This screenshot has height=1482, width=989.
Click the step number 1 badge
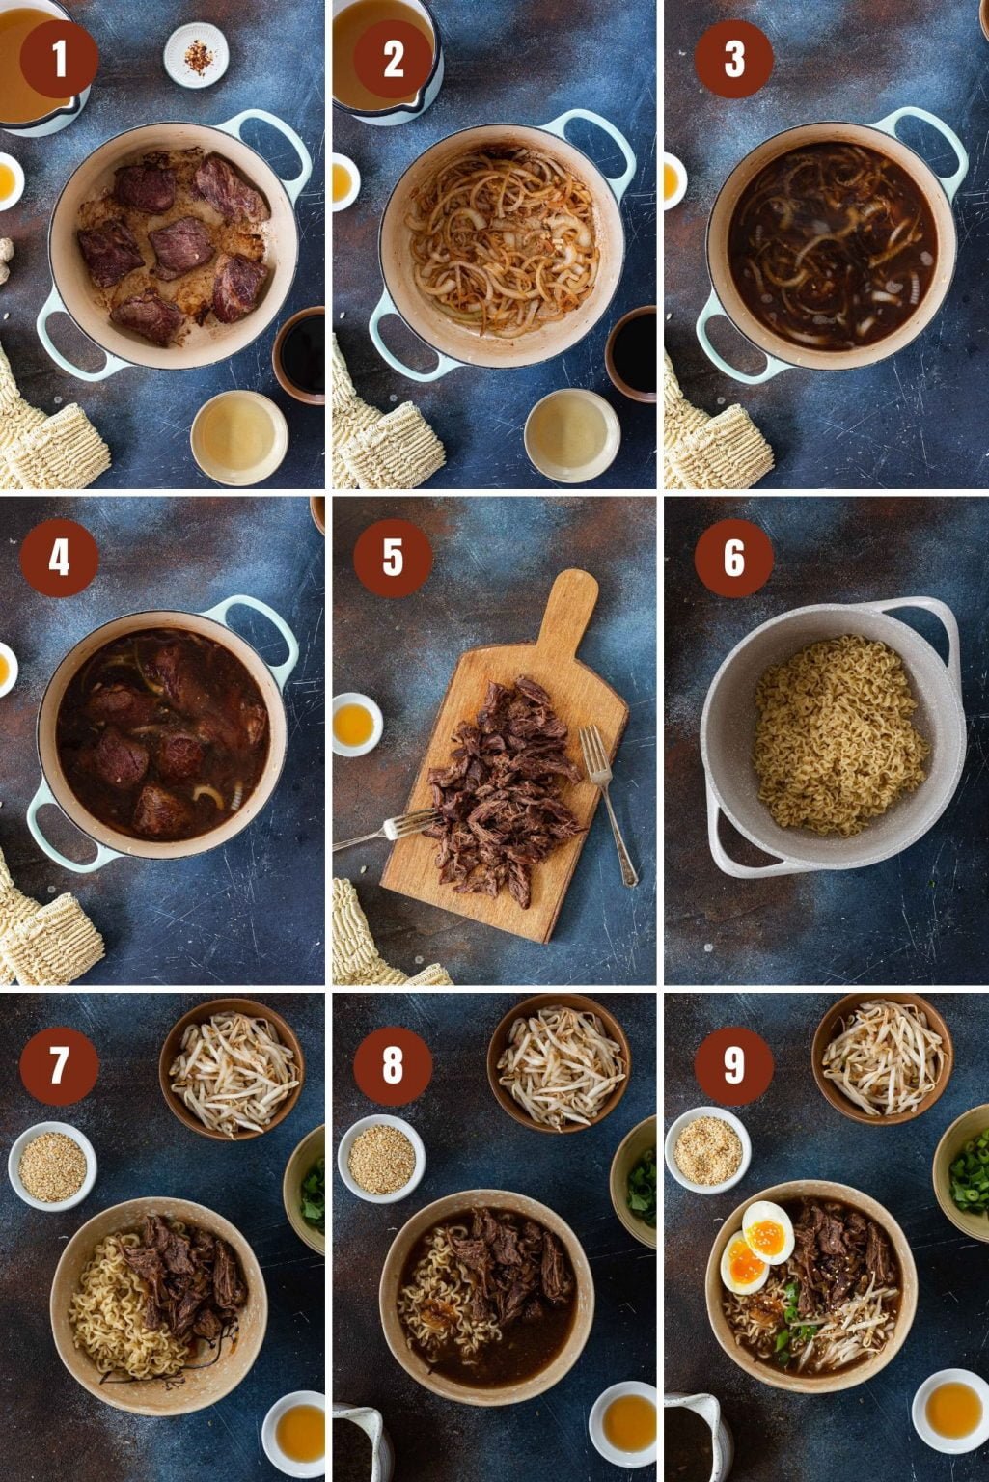tap(59, 59)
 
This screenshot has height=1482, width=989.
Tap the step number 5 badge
tap(392, 558)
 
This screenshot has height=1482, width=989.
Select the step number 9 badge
tap(733, 1064)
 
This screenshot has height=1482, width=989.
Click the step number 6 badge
tap(733, 558)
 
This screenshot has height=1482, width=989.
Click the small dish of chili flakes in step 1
tap(197, 56)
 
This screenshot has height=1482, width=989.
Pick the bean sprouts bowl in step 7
tap(232, 1069)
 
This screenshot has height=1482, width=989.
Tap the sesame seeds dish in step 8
tap(381, 1158)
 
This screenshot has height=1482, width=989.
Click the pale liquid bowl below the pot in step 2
tap(571, 435)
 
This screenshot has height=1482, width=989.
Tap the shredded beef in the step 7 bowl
tap(188, 1274)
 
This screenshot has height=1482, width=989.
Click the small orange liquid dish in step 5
tap(356, 725)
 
